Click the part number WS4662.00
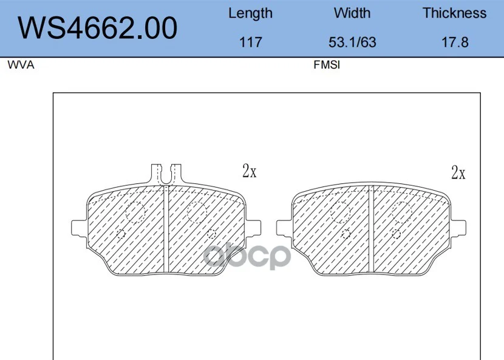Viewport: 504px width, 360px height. (97, 28)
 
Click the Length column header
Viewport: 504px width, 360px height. (250, 13)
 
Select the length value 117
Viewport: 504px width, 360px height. (251, 42)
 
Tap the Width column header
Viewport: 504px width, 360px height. (352, 13)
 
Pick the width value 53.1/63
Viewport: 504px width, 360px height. (352, 42)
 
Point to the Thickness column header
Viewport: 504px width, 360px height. (454, 13)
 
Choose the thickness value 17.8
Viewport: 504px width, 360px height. (455, 42)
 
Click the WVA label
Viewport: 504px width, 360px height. (21, 65)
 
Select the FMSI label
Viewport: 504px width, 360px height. (327, 65)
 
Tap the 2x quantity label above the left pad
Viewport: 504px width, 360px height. (250, 171)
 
